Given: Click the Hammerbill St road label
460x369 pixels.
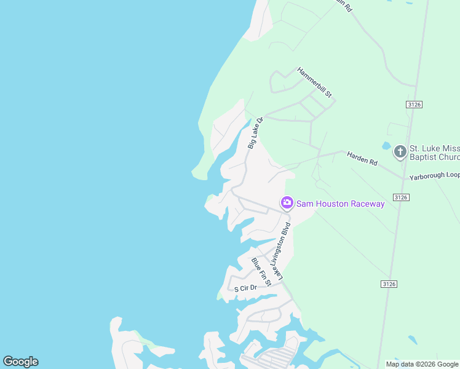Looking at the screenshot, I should click(314, 82).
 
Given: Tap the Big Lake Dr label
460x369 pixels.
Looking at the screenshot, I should click(255, 133).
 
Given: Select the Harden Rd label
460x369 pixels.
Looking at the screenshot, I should click(362, 158).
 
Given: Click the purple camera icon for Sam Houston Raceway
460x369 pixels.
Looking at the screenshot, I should click(287, 203).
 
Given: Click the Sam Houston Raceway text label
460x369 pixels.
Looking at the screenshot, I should click(340, 204).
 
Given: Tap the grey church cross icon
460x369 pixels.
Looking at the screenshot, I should click(400, 151).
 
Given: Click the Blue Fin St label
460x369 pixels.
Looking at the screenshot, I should click(261, 272).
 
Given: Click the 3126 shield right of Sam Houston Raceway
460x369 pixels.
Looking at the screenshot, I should click(401, 197).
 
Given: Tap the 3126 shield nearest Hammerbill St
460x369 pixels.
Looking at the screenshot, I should click(414, 105).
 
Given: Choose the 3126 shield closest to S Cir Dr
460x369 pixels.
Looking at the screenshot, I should click(389, 284).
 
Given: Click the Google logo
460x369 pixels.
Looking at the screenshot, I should click(21, 362).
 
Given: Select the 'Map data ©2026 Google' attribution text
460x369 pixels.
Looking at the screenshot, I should click(422, 364).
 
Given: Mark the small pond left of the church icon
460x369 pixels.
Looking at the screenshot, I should click(386, 146).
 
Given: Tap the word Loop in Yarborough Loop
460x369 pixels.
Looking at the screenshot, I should click(451, 175).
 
